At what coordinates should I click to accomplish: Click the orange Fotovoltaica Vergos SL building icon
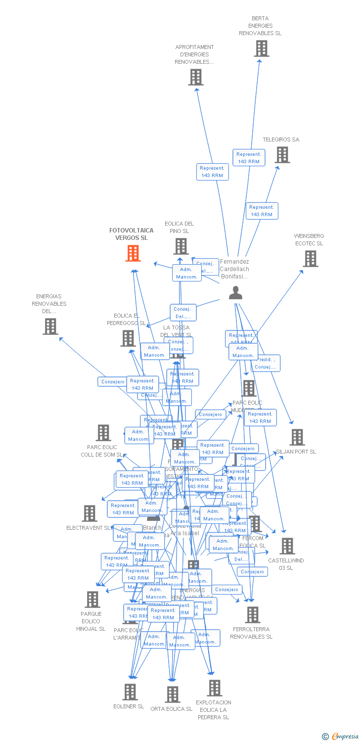pyautogui.click(x=133, y=253)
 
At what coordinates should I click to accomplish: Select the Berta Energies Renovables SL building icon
pyautogui.click(x=262, y=48)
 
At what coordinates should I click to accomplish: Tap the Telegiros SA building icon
pyautogui.click(x=282, y=155)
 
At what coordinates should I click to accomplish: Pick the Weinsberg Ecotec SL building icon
pyautogui.click(x=310, y=258)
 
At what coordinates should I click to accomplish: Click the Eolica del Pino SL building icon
pyautogui.click(x=181, y=246)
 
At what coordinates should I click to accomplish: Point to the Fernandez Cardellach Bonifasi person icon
pyautogui.click(x=236, y=293)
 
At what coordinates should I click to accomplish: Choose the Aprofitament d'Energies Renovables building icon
pyautogui.click(x=196, y=77)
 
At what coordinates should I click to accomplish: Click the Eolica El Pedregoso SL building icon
pyautogui.click(x=128, y=338)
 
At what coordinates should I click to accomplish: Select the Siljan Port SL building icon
pyautogui.click(x=297, y=437)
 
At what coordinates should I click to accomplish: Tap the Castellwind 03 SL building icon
pyautogui.click(x=287, y=546)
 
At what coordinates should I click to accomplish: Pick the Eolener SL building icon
pyautogui.click(x=130, y=692)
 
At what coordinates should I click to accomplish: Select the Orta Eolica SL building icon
pyautogui.click(x=172, y=694)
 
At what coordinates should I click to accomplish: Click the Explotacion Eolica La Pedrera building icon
pyautogui.click(x=215, y=688)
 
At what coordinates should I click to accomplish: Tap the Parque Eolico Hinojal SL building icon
pyautogui.click(x=92, y=599)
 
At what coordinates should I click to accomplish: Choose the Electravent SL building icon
pyautogui.click(x=90, y=513)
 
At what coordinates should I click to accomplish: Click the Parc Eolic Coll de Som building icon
pyautogui.click(x=103, y=433)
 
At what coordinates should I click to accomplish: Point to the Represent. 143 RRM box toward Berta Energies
pyautogui.click(x=248, y=158)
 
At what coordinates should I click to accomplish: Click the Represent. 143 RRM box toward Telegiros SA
pyautogui.click(x=262, y=211)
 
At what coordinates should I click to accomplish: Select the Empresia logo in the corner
pyautogui.click(x=339, y=736)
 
